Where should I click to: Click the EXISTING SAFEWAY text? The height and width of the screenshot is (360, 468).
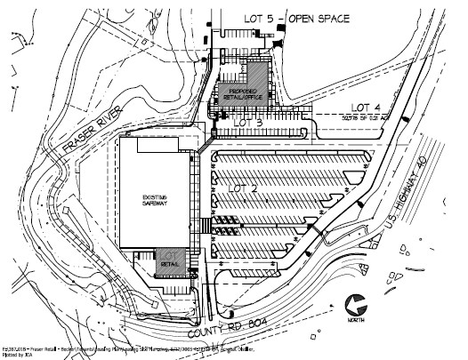point(155,202)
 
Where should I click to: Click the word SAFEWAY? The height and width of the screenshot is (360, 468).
point(155,205)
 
